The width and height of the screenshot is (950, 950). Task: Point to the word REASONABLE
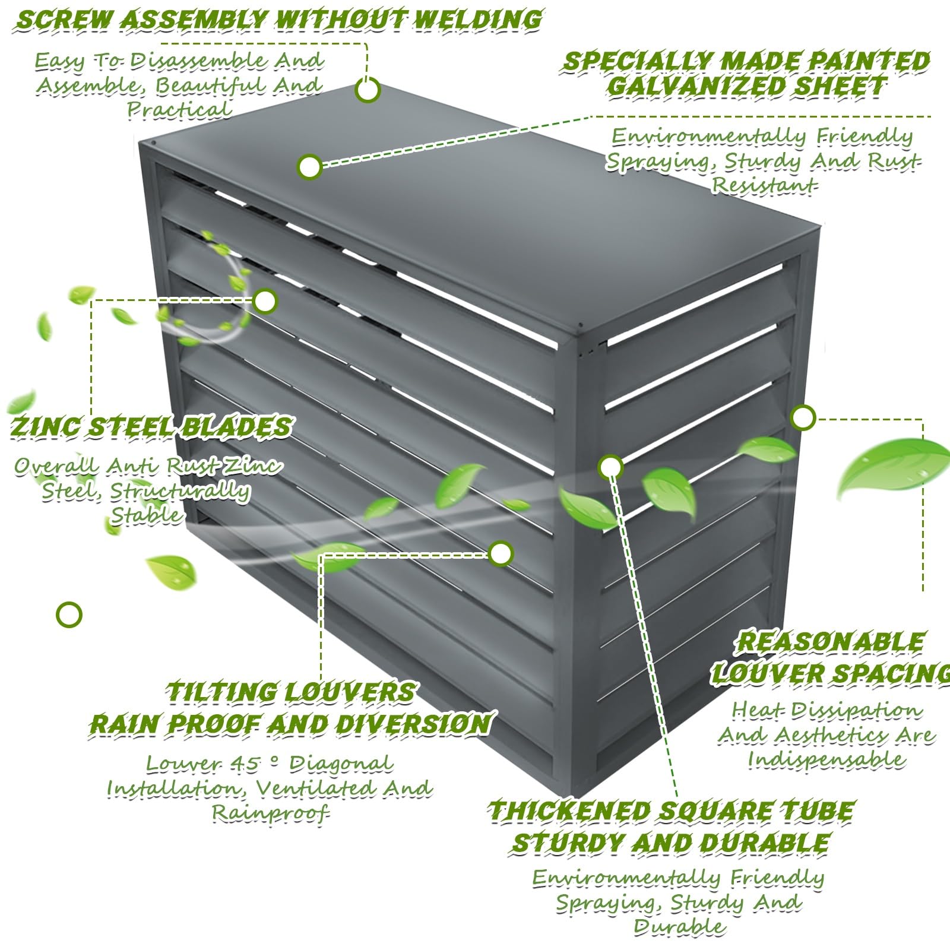[x=830, y=642]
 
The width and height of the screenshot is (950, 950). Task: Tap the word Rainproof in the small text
[x=271, y=813]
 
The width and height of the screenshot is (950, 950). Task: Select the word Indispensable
[x=826, y=759]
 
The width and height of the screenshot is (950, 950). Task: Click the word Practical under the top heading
[x=179, y=110]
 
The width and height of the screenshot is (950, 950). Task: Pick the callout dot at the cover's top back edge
[x=368, y=90]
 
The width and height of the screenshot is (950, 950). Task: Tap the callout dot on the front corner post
[x=610, y=467]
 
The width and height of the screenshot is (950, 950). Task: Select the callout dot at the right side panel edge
[x=803, y=417]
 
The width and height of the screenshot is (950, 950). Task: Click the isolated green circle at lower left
[x=69, y=615]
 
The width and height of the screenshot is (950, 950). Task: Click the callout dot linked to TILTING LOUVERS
[x=501, y=553]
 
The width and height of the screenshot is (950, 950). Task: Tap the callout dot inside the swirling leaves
[x=265, y=301]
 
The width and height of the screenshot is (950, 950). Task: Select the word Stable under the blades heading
[x=146, y=515]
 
